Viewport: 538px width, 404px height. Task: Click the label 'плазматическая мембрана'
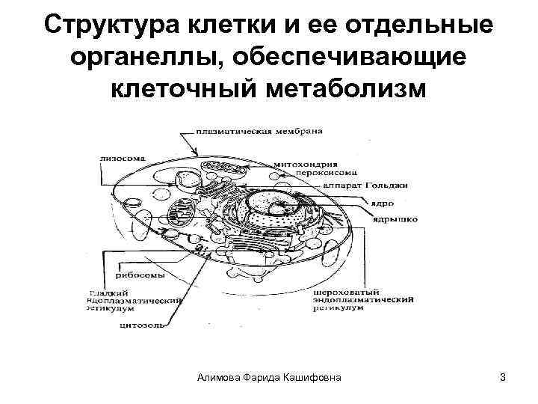259,131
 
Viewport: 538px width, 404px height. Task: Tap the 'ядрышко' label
393,219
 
